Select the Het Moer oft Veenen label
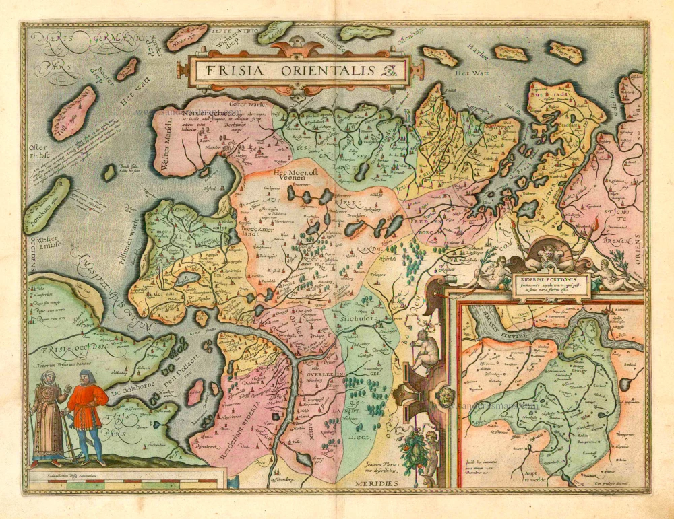299,175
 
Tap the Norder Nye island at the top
187,38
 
